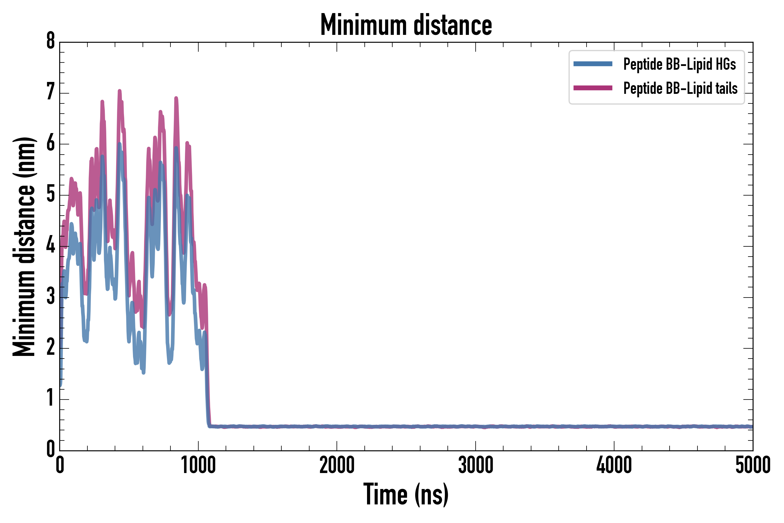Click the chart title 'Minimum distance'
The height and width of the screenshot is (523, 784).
pos(406,25)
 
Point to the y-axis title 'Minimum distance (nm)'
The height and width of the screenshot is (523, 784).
pos(24,246)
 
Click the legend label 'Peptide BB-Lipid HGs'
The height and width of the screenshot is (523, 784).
pos(679,64)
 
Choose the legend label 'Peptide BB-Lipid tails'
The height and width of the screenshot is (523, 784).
pos(680,88)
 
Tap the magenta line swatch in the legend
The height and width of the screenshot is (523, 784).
pos(593,88)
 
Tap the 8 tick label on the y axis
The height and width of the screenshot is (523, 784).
pos(51,41)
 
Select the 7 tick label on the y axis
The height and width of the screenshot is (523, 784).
pos(51,92)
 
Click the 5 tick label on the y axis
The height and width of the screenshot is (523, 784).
pos(51,194)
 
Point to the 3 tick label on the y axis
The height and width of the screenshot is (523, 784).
pos(51,296)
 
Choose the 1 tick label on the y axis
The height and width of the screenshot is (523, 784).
pos(51,398)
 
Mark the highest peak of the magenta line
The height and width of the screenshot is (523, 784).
pos(119,91)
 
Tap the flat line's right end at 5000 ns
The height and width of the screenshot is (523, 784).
pos(752,427)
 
